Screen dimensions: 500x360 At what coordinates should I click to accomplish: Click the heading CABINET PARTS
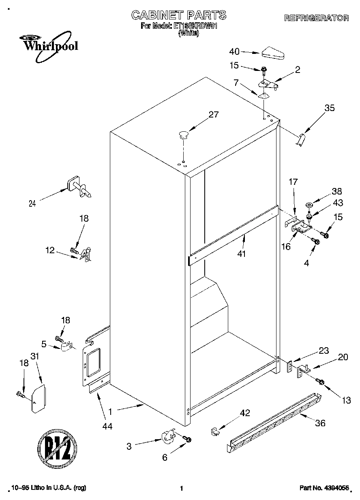179,15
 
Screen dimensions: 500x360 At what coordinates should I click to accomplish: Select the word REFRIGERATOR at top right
317,18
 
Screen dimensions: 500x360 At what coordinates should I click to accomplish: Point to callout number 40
234,51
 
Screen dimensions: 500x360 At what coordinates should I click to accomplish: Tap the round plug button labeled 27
183,134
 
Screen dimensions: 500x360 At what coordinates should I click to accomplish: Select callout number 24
32,204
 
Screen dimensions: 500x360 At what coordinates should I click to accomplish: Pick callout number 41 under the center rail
243,254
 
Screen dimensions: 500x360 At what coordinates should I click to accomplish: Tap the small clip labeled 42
215,431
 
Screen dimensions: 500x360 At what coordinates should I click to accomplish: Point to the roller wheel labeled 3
167,437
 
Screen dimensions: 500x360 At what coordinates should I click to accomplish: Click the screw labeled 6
187,439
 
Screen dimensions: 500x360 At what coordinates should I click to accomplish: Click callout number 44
107,426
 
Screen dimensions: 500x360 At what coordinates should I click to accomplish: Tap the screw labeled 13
321,382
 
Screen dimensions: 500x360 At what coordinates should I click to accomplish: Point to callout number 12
49,250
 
